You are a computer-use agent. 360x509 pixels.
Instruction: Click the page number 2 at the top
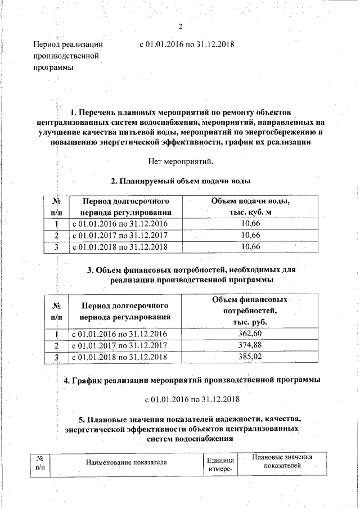click(181, 26)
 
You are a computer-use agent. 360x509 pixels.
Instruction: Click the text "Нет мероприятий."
click(181, 162)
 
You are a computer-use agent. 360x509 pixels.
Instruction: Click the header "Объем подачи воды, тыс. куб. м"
click(251, 206)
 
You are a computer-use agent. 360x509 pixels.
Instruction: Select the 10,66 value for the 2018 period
click(251, 247)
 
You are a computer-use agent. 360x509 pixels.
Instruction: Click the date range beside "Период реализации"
click(186, 44)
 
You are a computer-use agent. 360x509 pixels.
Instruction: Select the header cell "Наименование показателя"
click(127, 462)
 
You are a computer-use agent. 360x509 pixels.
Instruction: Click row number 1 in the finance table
click(56, 334)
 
